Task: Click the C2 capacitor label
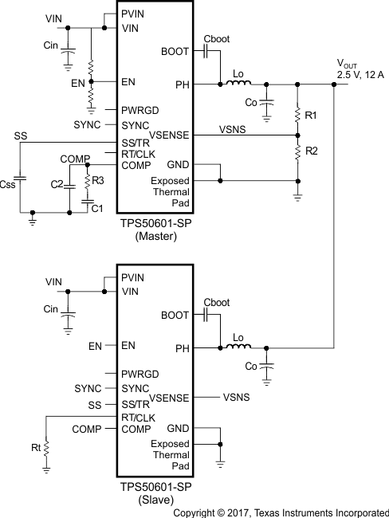click(57, 185)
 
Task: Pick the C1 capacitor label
click(96, 208)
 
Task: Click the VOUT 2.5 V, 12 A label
click(360, 69)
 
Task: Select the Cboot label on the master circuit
click(216, 38)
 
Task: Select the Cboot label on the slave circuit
click(216, 303)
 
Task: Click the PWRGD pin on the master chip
click(140, 109)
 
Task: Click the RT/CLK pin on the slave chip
click(139, 417)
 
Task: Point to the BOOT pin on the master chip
click(175, 50)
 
